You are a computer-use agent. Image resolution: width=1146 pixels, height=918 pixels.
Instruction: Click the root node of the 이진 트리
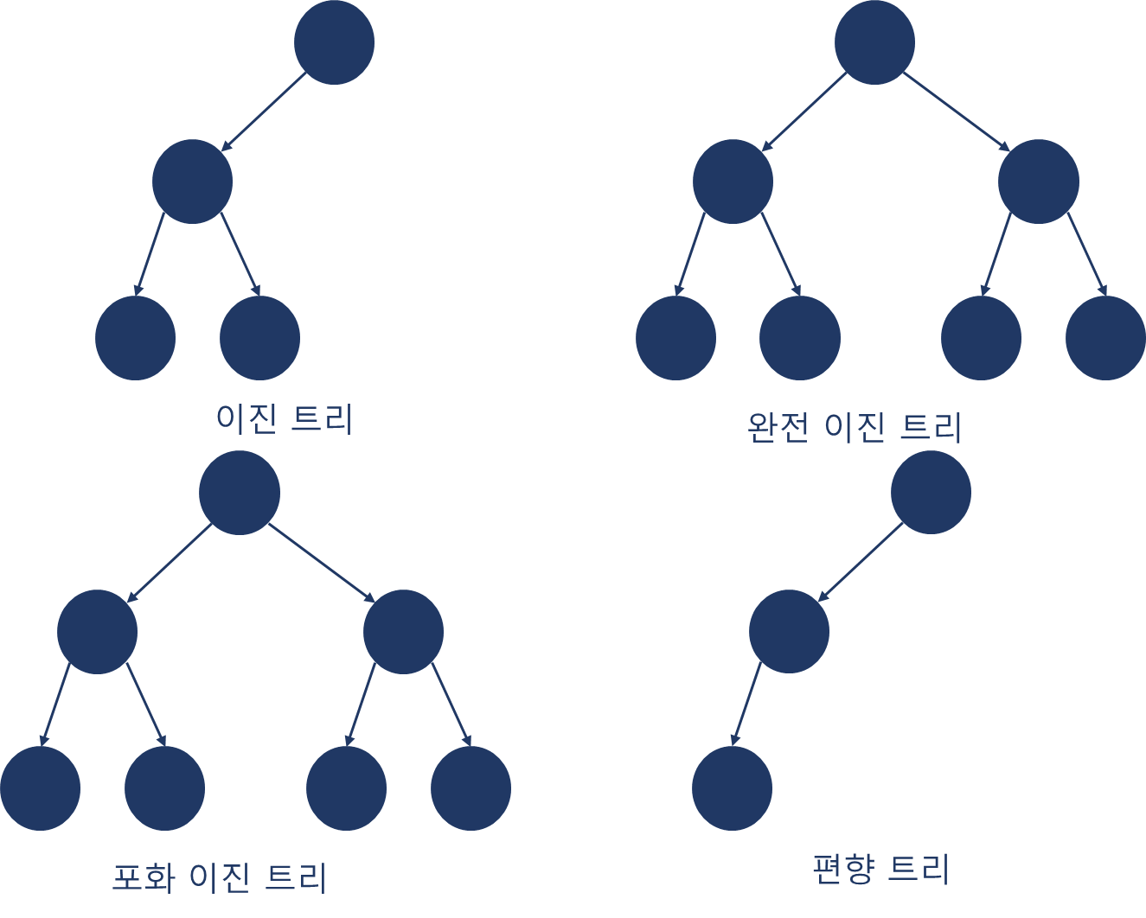tap(334, 43)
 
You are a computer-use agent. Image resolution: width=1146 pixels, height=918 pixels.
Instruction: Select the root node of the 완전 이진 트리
tap(874, 43)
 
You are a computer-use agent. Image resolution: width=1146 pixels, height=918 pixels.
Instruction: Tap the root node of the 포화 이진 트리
tap(240, 493)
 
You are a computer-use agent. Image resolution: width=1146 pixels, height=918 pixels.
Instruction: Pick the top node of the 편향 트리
tap(931, 493)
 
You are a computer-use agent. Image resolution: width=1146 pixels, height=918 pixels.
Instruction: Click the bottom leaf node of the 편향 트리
tap(732, 788)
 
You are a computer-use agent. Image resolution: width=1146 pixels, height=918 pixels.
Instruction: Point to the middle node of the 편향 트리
tap(789, 632)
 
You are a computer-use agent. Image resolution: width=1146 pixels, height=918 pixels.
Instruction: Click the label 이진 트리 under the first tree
tap(285, 419)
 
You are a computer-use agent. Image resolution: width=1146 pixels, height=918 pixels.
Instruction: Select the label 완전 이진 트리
tap(855, 427)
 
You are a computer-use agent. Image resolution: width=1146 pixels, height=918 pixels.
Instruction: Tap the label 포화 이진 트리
tap(220, 877)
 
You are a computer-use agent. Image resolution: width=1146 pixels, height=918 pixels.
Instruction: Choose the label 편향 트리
tap(881, 869)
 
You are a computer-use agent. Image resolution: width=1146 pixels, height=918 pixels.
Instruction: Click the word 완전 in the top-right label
tap(778, 427)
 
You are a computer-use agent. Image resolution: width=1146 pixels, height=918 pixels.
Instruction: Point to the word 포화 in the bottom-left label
tap(144, 877)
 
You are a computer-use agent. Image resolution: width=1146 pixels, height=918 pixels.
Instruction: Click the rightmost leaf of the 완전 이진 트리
tap(1105, 338)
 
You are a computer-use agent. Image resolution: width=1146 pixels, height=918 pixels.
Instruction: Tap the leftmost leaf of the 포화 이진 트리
tap(40, 788)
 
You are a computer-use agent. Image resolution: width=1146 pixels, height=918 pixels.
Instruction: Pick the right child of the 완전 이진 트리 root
tap(1038, 182)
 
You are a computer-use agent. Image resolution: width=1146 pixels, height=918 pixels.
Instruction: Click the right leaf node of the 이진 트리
tap(259, 338)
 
